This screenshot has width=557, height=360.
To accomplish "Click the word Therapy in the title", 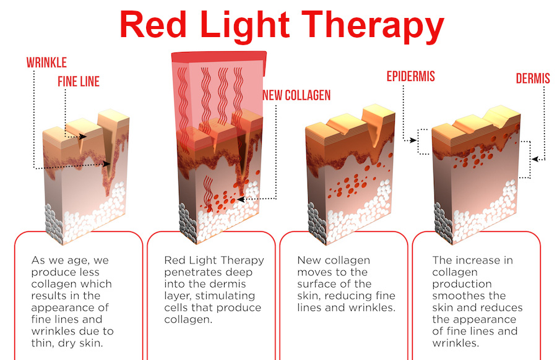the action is pyautogui.click(x=373, y=25).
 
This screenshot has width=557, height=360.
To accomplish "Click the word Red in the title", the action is pyautogui.click(x=153, y=24).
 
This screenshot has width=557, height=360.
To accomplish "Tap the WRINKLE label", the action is pyautogui.click(x=46, y=63).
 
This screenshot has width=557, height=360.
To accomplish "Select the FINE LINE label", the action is pyautogui.click(x=79, y=82).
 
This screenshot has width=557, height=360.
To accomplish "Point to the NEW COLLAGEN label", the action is pyautogui.click(x=296, y=95).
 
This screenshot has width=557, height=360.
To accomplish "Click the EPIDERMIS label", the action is pyautogui.click(x=411, y=76).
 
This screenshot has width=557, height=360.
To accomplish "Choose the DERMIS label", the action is pyautogui.click(x=533, y=79).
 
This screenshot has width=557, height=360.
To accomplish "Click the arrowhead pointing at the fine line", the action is pyautogui.click(x=83, y=137).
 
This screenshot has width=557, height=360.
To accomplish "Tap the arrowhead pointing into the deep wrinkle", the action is pyautogui.click(x=106, y=164).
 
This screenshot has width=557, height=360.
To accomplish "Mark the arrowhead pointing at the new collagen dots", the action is pyautogui.click(x=241, y=200).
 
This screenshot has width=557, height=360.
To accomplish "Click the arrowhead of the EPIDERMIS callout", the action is pyautogui.click(x=413, y=140).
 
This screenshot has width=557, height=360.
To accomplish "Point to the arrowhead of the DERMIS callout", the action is pyautogui.click(x=535, y=159).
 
